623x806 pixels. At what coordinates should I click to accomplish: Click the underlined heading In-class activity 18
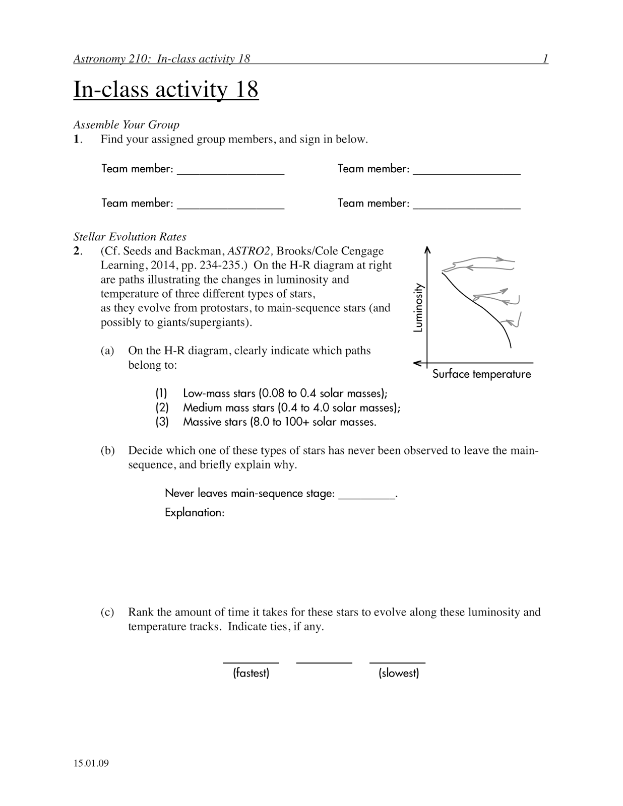click(x=166, y=90)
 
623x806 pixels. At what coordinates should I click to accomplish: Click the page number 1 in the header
click(x=545, y=59)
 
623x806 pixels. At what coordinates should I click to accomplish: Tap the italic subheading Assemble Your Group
click(x=127, y=124)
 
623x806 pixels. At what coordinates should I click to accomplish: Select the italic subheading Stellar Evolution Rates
click(x=130, y=237)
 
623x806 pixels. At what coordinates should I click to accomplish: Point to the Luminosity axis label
click(x=418, y=308)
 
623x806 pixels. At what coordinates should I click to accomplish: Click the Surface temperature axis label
click(x=481, y=374)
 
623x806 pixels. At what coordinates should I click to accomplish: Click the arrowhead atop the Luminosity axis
click(x=427, y=250)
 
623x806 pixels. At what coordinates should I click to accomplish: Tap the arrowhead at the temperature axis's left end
click(x=417, y=363)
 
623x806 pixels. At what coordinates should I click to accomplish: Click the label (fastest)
click(x=251, y=673)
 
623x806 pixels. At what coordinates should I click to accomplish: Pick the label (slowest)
click(x=399, y=673)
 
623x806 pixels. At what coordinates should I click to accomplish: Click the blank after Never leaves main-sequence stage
click(x=367, y=496)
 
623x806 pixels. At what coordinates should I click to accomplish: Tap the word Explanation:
click(x=195, y=513)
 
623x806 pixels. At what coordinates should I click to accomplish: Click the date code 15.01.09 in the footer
click(x=91, y=763)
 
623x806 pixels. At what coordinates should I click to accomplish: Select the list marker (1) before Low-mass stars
click(x=161, y=393)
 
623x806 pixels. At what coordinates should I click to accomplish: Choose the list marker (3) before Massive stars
click(x=162, y=422)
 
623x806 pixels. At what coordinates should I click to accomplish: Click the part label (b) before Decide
click(x=107, y=450)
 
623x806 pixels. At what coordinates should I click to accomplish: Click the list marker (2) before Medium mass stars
click(x=162, y=408)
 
